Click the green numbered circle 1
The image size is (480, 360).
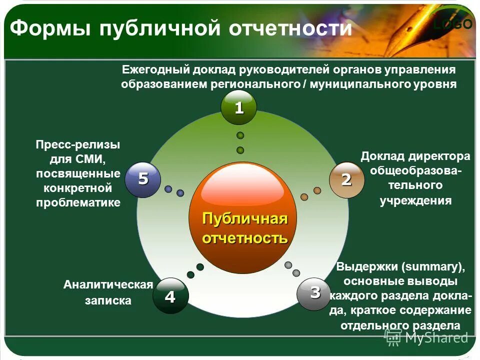(x=239, y=107)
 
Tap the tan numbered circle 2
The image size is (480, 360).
(x=346, y=179)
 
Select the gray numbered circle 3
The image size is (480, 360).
(x=314, y=293)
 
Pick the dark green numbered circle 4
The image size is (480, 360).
(x=170, y=296)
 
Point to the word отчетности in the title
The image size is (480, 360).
(x=290, y=28)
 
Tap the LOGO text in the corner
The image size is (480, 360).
(x=453, y=24)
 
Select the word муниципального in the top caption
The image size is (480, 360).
(x=358, y=84)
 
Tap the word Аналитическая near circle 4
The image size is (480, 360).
(x=107, y=285)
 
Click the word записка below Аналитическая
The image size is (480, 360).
(x=108, y=300)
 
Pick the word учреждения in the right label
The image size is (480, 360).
(x=415, y=201)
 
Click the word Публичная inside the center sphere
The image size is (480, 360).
(x=244, y=219)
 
